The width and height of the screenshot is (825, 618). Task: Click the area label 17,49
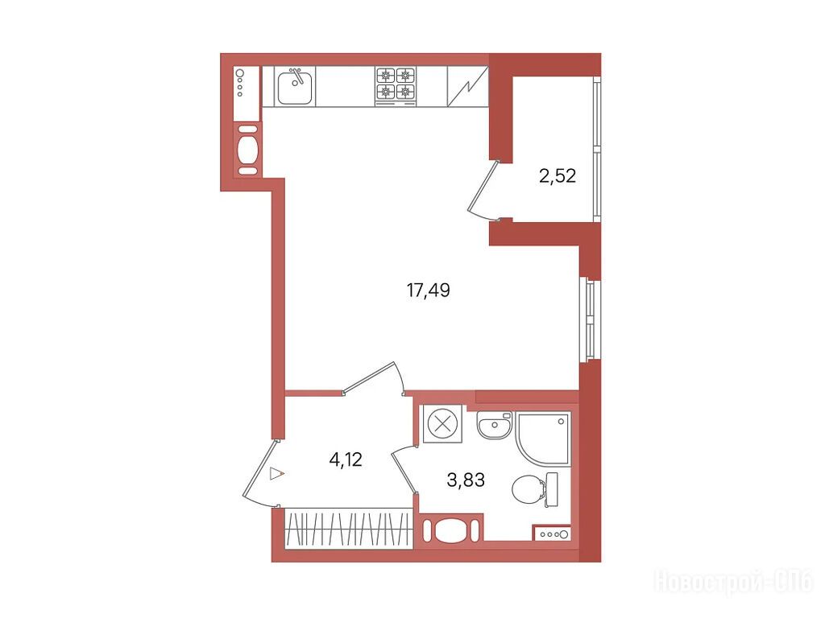[429, 290]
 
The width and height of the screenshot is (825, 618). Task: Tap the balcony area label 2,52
[558, 175]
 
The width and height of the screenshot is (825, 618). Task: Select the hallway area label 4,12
[346, 459]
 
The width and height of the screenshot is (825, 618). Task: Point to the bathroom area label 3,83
[466, 480]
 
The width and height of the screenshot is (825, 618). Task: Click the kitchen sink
[295, 87]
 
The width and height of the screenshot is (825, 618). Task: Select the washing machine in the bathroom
[443, 423]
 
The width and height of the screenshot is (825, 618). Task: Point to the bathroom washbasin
[494, 425]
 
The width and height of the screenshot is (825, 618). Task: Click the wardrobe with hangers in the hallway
[348, 529]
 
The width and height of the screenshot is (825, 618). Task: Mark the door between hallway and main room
[372, 377]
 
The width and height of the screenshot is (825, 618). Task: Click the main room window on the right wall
[589, 319]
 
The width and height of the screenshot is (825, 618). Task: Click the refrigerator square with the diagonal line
[467, 87]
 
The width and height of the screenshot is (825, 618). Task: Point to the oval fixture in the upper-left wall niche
[247, 150]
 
